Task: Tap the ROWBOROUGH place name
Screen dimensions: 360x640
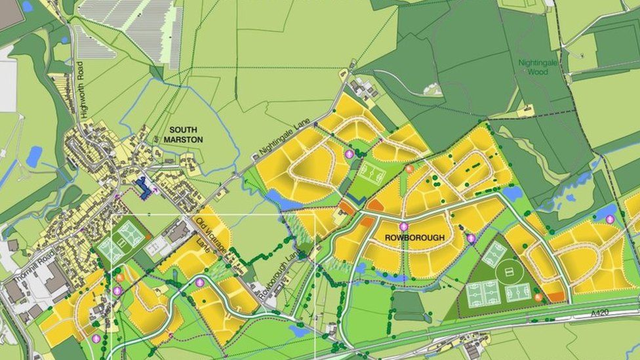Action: tap(414, 237)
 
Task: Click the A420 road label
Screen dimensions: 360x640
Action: tap(599, 313)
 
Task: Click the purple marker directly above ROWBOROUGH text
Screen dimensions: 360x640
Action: tap(403, 226)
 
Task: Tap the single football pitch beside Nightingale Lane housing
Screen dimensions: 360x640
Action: tap(372, 174)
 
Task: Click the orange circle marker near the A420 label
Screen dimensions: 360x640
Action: tap(538, 297)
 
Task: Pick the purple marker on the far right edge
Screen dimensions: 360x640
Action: tap(610, 219)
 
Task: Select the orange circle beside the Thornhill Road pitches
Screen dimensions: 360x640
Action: tap(120, 277)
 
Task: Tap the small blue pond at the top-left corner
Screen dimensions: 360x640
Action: tap(27, 7)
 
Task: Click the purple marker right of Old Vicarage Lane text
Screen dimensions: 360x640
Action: tap(200, 282)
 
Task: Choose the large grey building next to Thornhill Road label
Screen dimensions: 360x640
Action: tap(54, 279)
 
